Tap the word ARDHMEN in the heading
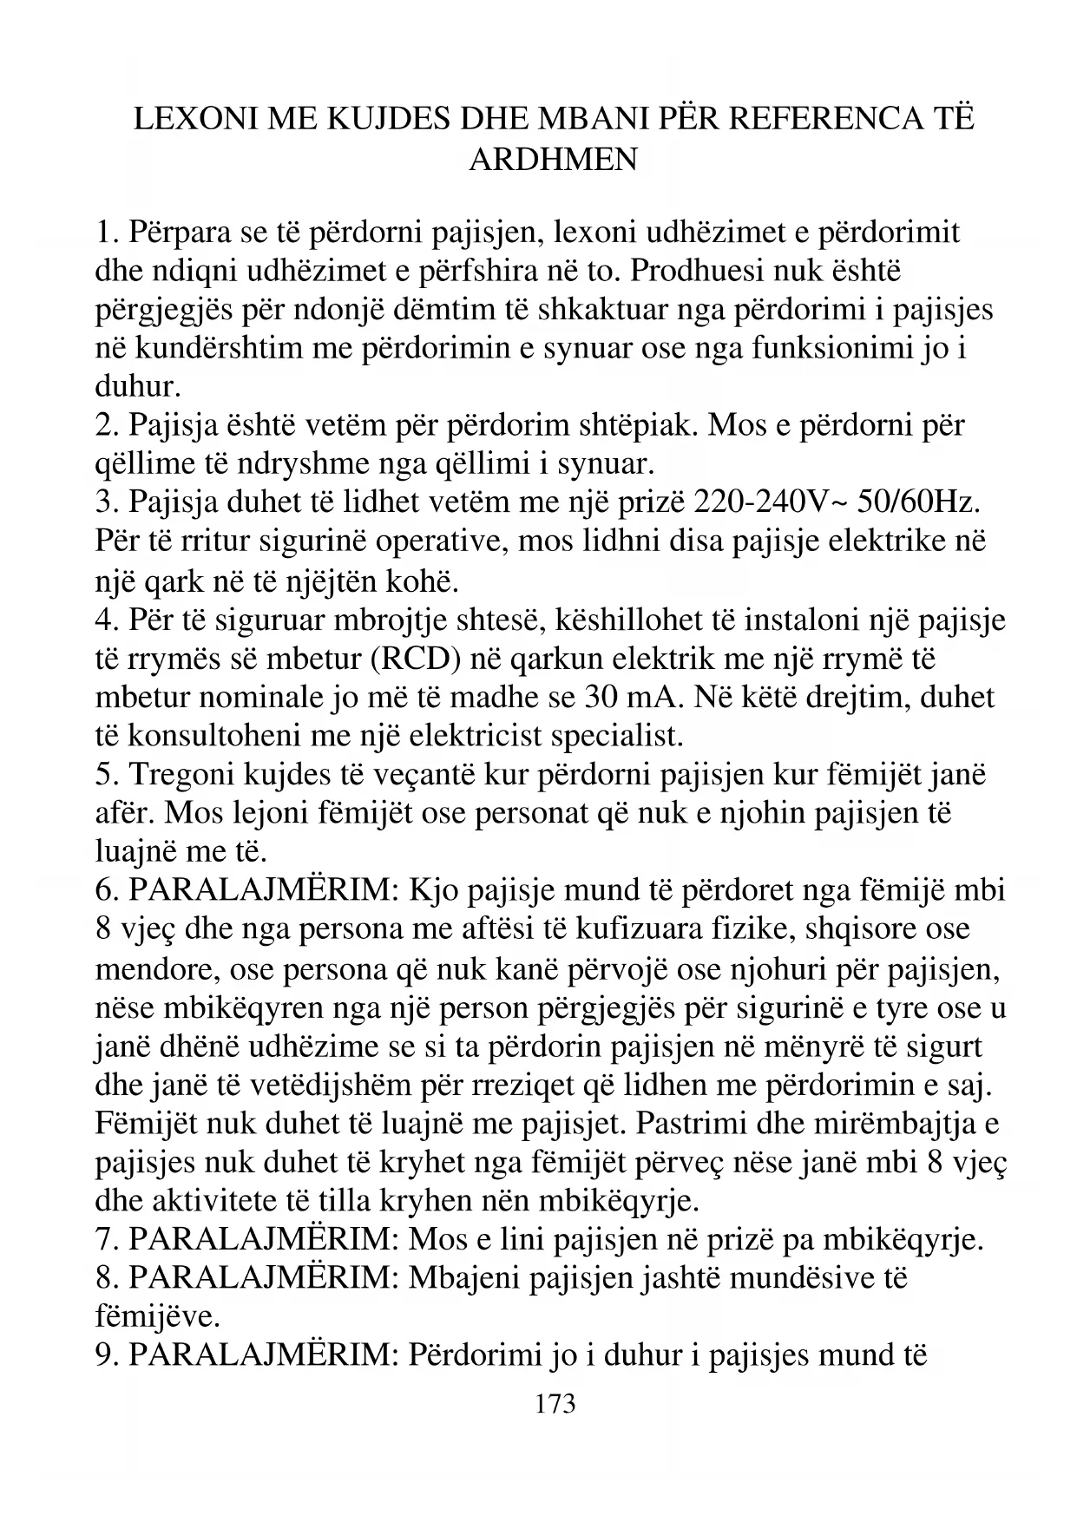554,159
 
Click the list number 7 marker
107,1240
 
